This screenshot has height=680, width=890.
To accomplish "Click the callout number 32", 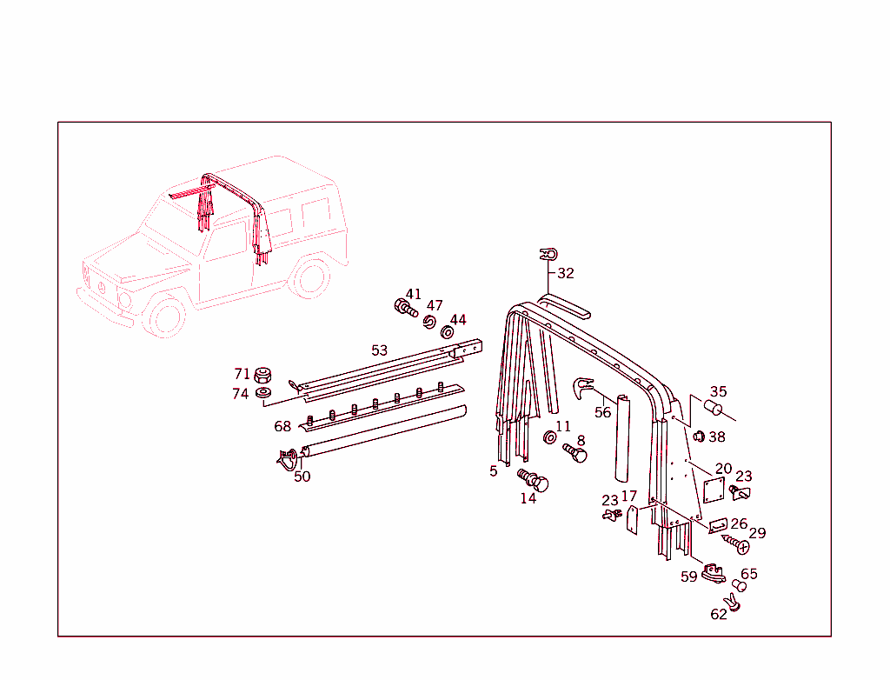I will coord(566,273).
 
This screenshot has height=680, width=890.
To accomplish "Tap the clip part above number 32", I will coord(548,255).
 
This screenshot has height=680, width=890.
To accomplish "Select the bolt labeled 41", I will coord(405,308).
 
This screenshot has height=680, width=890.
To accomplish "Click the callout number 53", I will coord(379,350).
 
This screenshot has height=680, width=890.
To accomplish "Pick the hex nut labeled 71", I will coord(263,377).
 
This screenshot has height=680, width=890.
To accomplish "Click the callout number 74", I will coord(241,393).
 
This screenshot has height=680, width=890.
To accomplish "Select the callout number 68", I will coord(282,426).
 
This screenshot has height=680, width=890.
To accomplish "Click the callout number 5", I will coord(494,470).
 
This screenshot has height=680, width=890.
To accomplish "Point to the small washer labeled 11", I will coord(550,437).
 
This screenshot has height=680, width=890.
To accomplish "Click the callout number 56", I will coord(602,413).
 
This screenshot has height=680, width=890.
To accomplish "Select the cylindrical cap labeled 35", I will coord(714,410).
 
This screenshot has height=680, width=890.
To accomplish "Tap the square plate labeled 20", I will coord(714,490).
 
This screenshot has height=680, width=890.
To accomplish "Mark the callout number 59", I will coord(688,577).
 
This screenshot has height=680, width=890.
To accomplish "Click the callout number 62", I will coord(718,614).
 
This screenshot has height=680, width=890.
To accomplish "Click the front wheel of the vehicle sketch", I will coord(168,316).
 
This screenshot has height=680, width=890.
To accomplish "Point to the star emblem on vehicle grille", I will coord(102,287).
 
